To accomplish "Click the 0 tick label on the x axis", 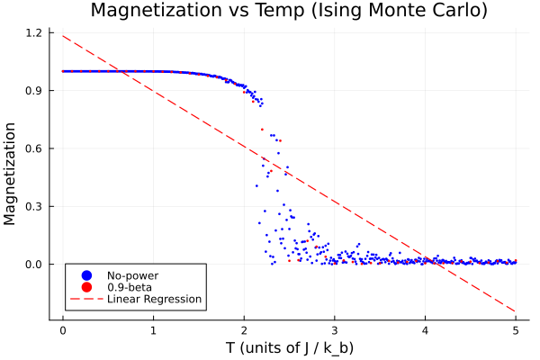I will [x=62, y=329].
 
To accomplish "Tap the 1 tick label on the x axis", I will [x=153, y=329].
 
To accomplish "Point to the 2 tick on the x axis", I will [x=244, y=329].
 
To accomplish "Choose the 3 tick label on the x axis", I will [x=334, y=329].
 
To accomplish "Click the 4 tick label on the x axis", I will [x=425, y=329].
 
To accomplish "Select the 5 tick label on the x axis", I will [x=516, y=329].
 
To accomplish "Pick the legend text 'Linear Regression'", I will [x=154, y=299].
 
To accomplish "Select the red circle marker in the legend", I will [x=86, y=286].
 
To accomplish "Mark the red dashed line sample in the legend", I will [x=86, y=299].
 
